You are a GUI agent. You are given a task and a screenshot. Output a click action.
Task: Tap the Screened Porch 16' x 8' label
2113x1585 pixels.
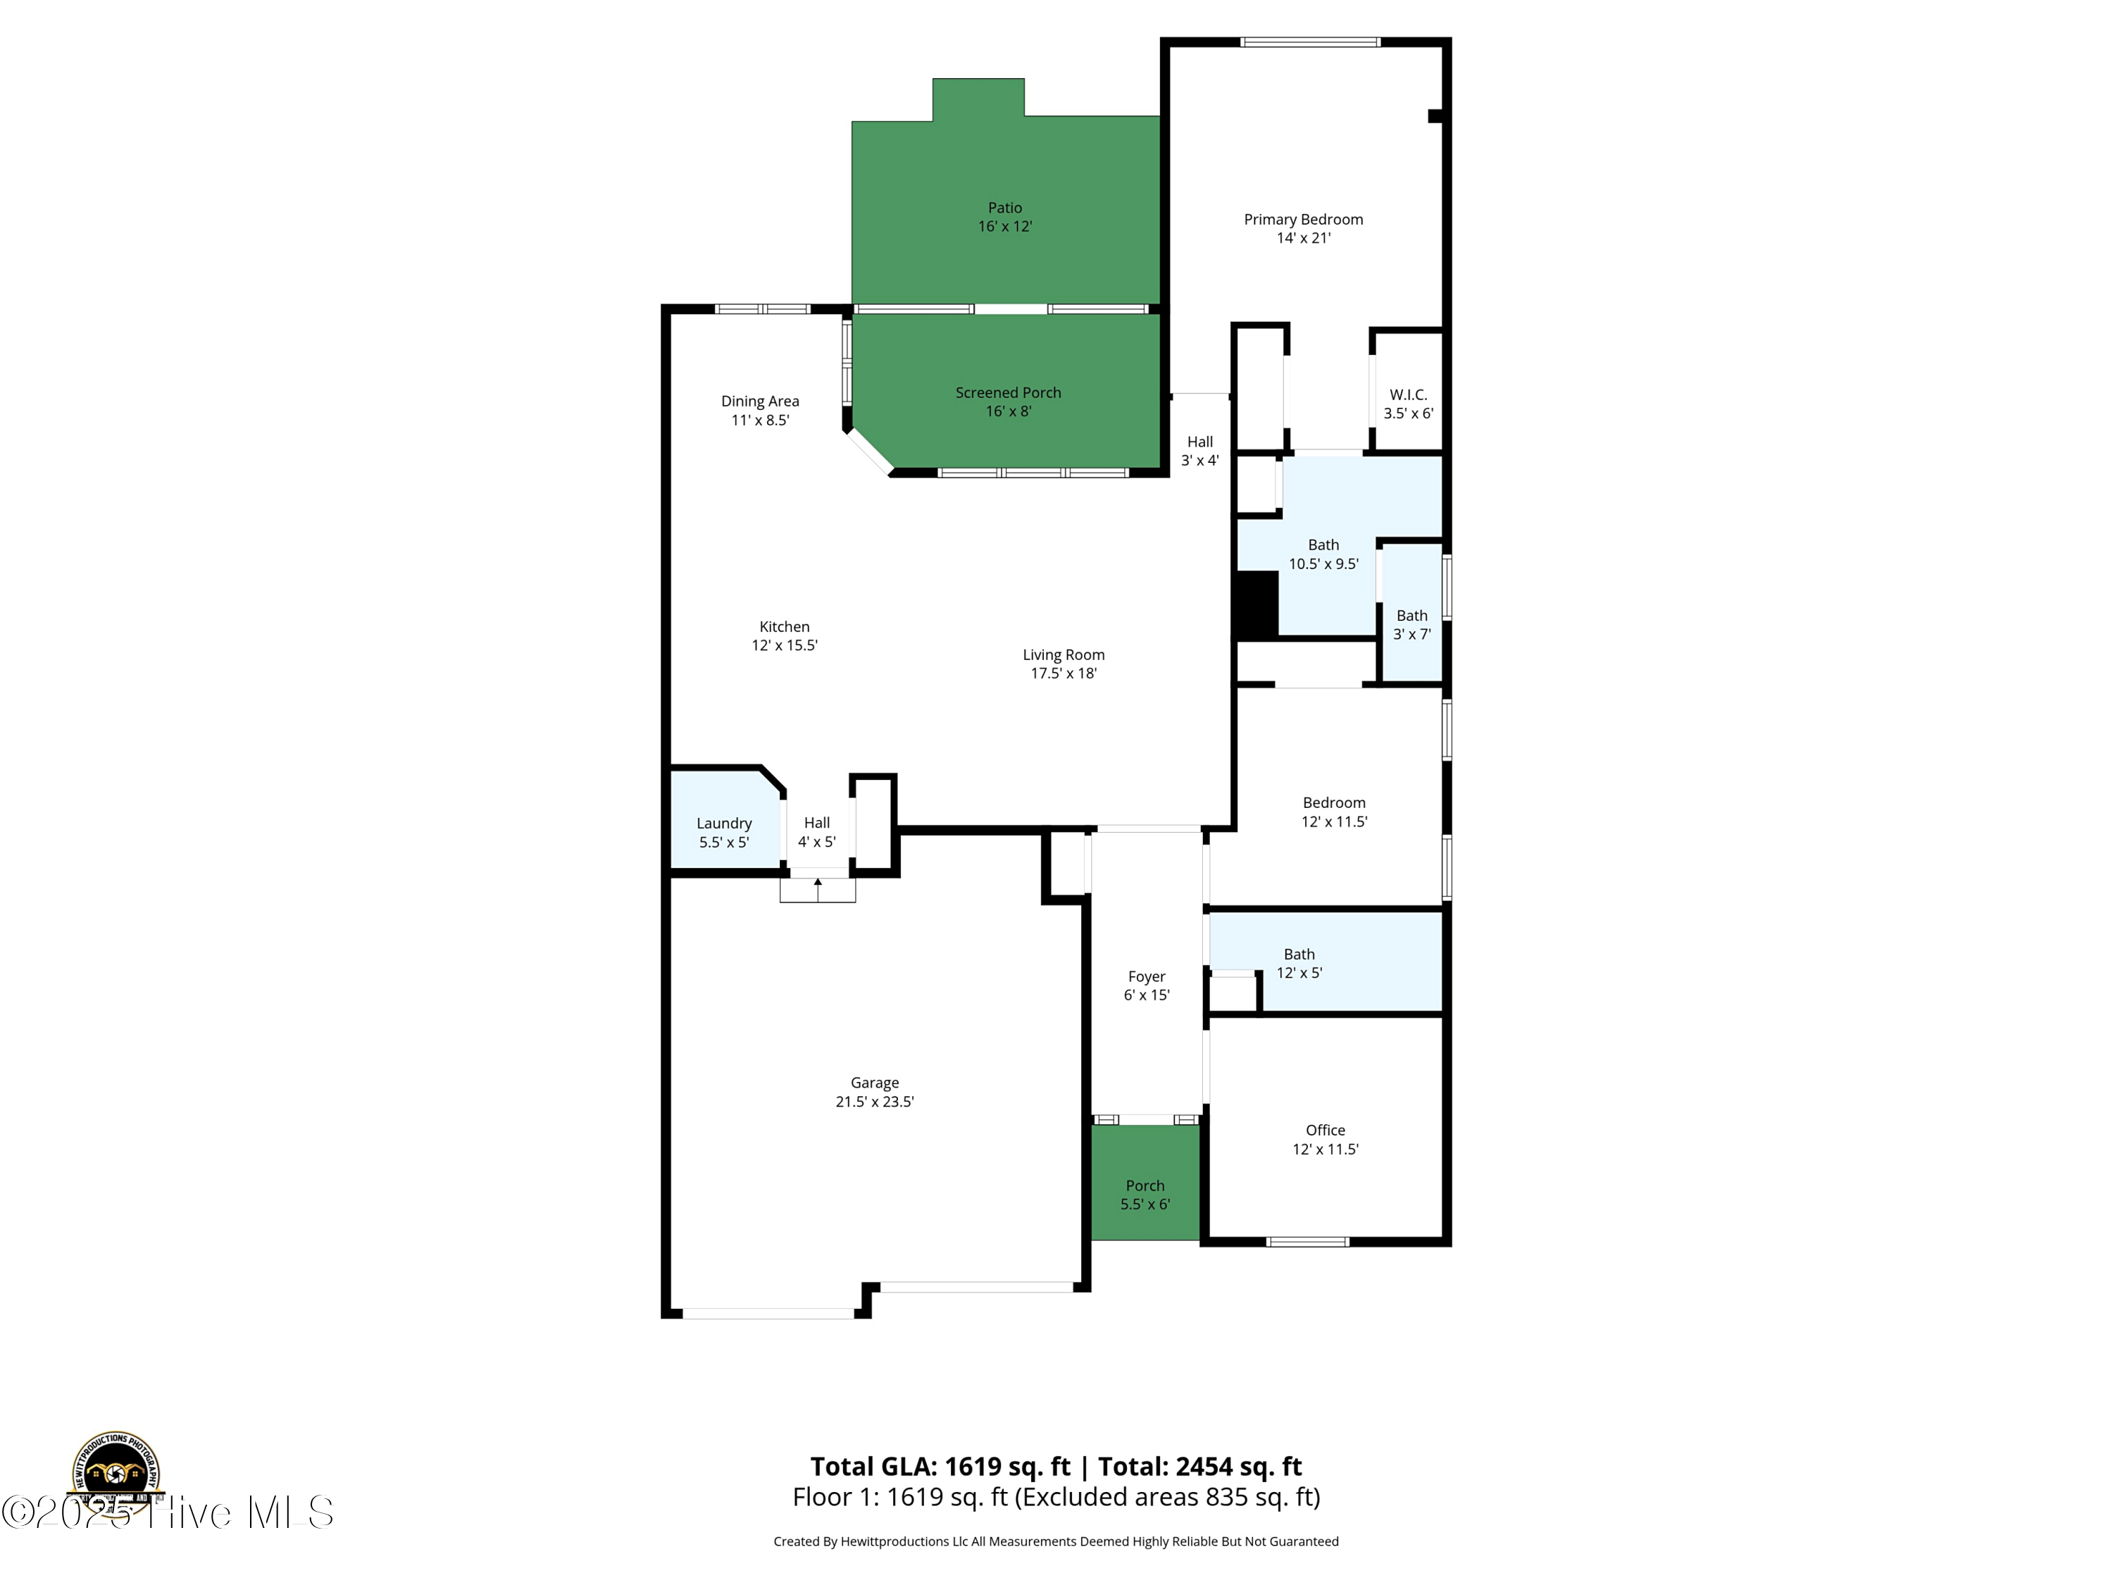1008,402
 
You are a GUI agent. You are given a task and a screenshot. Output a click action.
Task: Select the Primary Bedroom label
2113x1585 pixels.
1303,228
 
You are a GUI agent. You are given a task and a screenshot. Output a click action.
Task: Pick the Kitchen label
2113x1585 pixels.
784,635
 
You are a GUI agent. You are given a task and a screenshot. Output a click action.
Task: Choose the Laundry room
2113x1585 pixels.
724,832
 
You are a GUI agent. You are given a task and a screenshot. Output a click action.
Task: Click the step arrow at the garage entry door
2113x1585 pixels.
818,888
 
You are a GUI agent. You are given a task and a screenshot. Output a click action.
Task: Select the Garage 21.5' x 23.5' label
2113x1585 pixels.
874,1092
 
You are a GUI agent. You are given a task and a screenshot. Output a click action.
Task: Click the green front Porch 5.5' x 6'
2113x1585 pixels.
1145,1194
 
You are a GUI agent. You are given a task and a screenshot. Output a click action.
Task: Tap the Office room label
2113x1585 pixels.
1325,1139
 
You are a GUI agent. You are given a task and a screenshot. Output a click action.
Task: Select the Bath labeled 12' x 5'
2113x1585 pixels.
1299,963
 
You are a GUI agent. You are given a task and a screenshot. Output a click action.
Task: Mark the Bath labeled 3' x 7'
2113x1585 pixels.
1412,625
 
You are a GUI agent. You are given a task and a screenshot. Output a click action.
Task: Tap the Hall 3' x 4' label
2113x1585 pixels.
1199,451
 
